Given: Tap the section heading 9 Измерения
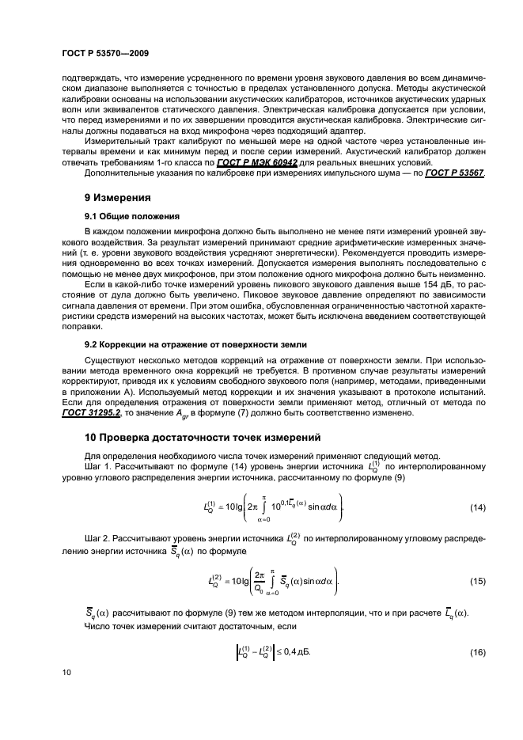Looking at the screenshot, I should [119, 197].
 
